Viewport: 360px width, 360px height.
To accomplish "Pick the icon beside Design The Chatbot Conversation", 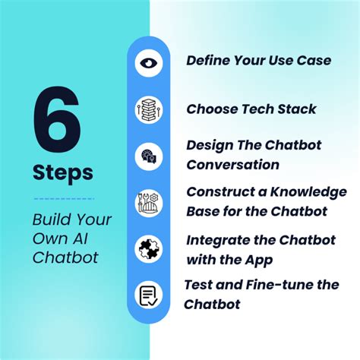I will (149, 155).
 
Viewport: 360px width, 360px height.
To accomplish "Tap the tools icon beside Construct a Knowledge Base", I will (149, 201).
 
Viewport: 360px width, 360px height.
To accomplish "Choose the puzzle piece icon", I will (149, 248).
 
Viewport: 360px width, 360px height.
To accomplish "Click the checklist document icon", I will (149, 295).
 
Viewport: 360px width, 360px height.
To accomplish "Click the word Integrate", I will (218, 240).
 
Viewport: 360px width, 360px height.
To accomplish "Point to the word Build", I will (51, 220).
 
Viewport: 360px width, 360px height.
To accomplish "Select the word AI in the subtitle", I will (92, 239).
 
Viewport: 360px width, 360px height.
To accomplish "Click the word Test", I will (200, 286).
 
